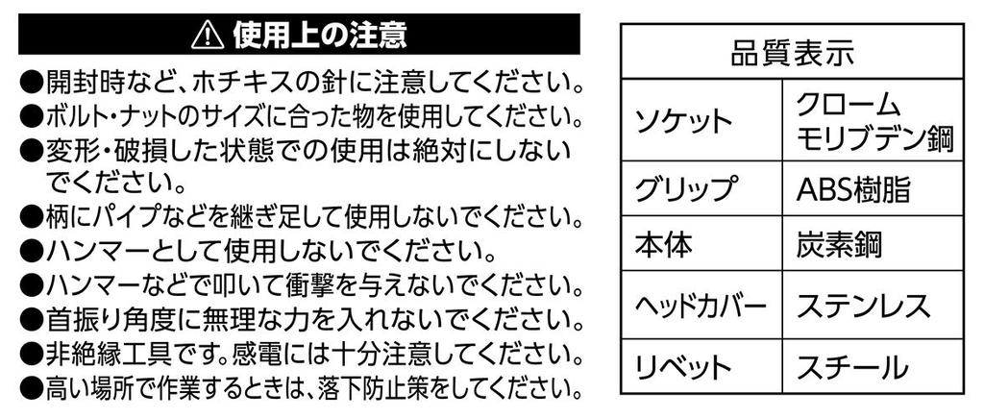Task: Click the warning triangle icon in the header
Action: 208,36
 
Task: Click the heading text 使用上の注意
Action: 319,36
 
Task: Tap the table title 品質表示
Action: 792,53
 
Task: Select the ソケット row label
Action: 683,121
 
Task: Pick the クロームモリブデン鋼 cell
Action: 874,122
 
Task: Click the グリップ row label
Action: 684,189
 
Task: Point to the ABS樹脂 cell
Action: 853,189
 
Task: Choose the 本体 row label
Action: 663,244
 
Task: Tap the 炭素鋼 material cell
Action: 838,244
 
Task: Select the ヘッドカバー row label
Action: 701,307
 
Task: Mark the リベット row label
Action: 683,367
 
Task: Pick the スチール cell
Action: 851,367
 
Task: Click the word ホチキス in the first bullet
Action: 240,83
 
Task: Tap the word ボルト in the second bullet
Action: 84,116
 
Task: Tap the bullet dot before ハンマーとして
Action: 31,253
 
